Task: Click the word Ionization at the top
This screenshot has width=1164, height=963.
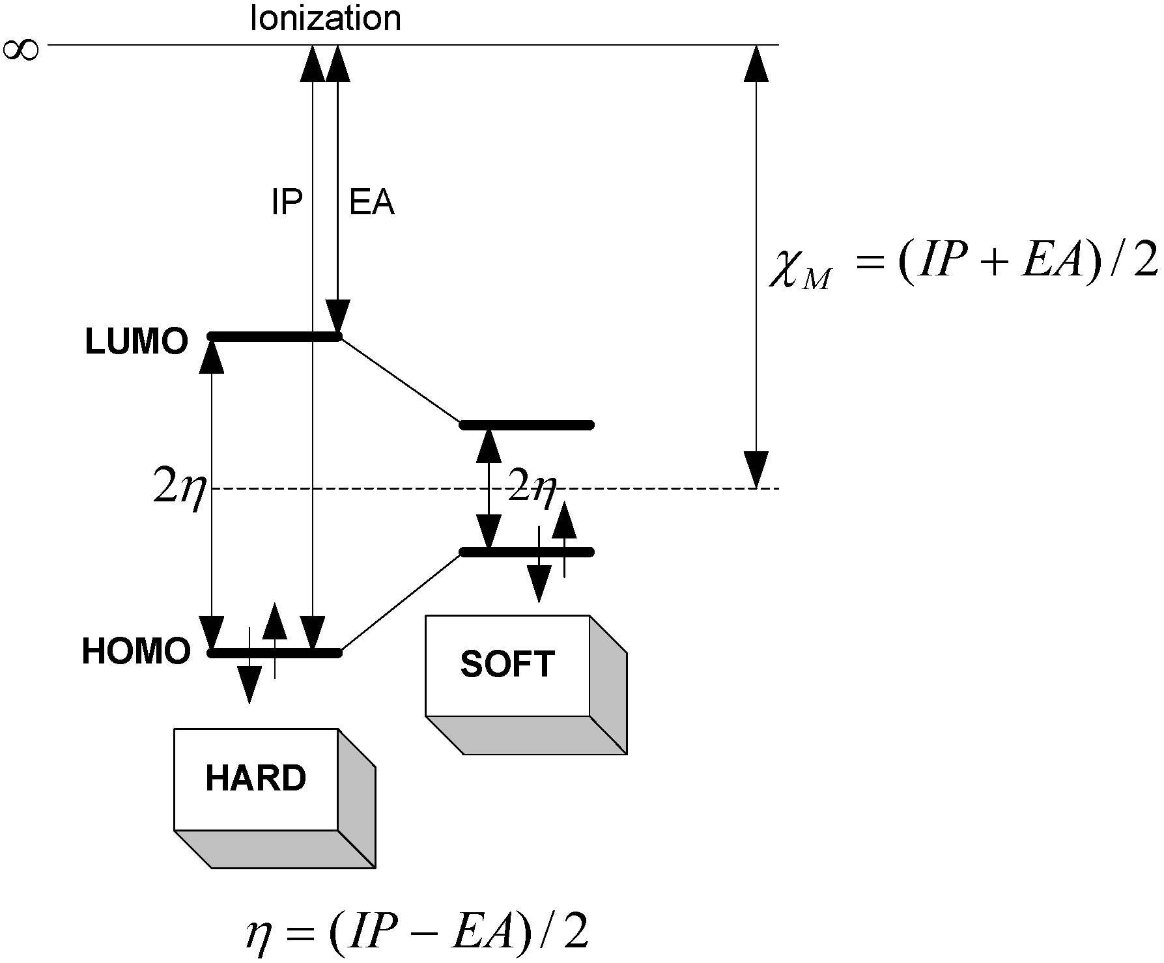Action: pos(325,19)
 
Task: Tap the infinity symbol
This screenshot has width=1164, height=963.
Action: pos(20,50)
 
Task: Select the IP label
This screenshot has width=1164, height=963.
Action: pos(287,203)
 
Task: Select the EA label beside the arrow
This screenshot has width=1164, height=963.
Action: pos(372,203)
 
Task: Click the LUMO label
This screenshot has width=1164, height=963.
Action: pos(136,342)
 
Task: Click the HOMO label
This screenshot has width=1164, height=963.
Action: pos(135,651)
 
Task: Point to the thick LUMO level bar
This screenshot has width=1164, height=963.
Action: pos(261,337)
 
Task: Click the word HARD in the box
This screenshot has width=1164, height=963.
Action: pos(255,778)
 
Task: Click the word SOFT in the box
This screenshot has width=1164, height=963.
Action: pos(507,664)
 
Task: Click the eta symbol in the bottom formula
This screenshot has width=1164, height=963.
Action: pos(257,935)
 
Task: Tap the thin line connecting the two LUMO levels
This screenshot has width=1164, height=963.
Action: pos(400,380)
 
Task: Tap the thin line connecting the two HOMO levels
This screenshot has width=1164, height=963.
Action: pos(401,602)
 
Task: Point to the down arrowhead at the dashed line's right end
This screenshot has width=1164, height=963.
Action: pos(756,469)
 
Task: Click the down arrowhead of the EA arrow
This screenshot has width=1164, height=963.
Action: pos(338,318)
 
